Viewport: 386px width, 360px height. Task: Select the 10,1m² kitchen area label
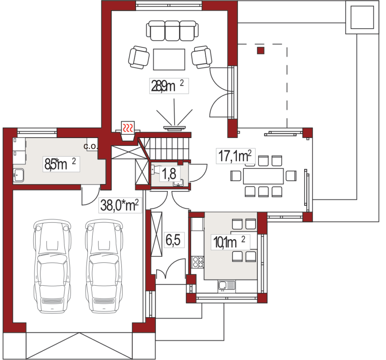pyautogui.click(x=229, y=242)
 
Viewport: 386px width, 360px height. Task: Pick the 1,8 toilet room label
pyautogui.click(x=169, y=173)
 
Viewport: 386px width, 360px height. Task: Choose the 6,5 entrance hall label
pyautogui.click(x=173, y=240)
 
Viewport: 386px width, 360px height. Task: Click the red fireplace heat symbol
pyautogui.click(x=128, y=128)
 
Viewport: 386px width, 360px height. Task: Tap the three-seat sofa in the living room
pyautogui.click(x=172, y=31)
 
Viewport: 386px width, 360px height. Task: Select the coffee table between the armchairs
pyautogui.click(x=169, y=59)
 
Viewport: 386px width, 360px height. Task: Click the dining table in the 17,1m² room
pyautogui.click(x=263, y=176)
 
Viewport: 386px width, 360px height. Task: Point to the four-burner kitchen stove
pyautogui.click(x=198, y=262)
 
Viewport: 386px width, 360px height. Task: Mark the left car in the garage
pyautogui.click(x=52, y=267)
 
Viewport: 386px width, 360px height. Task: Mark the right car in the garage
pyautogui.click(x=104, y=267)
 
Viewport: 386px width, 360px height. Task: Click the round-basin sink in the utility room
pyautogui.click(x=18, y=175)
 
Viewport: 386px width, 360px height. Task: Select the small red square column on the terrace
pyautogui.click(x=261, y=50)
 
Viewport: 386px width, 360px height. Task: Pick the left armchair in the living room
pyautogui.click(x=139, y=57)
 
